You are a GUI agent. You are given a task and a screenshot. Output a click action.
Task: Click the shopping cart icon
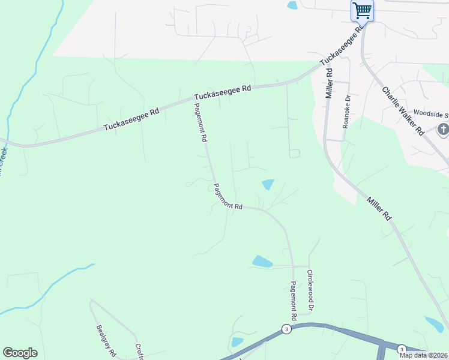coord(362,10)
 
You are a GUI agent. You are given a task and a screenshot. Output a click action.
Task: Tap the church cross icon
coord(443,130)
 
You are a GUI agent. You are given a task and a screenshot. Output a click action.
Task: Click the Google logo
coord(20,353)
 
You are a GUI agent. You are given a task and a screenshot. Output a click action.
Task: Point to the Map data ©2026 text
coord(424,355)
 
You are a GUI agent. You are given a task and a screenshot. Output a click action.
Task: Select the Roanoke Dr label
coord(346,112)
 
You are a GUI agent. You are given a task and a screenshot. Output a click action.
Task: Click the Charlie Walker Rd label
coord(403,110)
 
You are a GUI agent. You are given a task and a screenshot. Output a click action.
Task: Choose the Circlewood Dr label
coord(310,290)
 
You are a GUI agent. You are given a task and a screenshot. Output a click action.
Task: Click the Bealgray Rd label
coord(106,341)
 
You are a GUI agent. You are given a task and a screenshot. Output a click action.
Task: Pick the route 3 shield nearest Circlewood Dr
coord(286,329)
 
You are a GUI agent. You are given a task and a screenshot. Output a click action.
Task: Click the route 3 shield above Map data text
coord(402,349)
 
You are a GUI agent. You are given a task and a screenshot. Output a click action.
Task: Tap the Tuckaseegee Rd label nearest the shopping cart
coord(342,46)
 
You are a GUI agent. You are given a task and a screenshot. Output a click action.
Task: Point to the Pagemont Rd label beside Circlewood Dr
coord(294,301)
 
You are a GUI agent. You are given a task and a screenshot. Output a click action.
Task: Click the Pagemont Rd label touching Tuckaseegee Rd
coord(200,122)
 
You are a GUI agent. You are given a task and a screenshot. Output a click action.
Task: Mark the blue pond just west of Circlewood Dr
coord(262,262)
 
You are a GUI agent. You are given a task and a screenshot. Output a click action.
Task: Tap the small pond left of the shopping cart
coord(292,5)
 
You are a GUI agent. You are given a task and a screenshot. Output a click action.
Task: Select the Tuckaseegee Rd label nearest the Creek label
coord(131,119)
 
